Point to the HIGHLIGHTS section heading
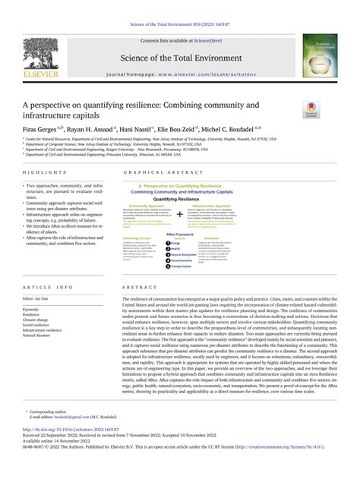pos(44,173)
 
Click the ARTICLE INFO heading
pos(48,288)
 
